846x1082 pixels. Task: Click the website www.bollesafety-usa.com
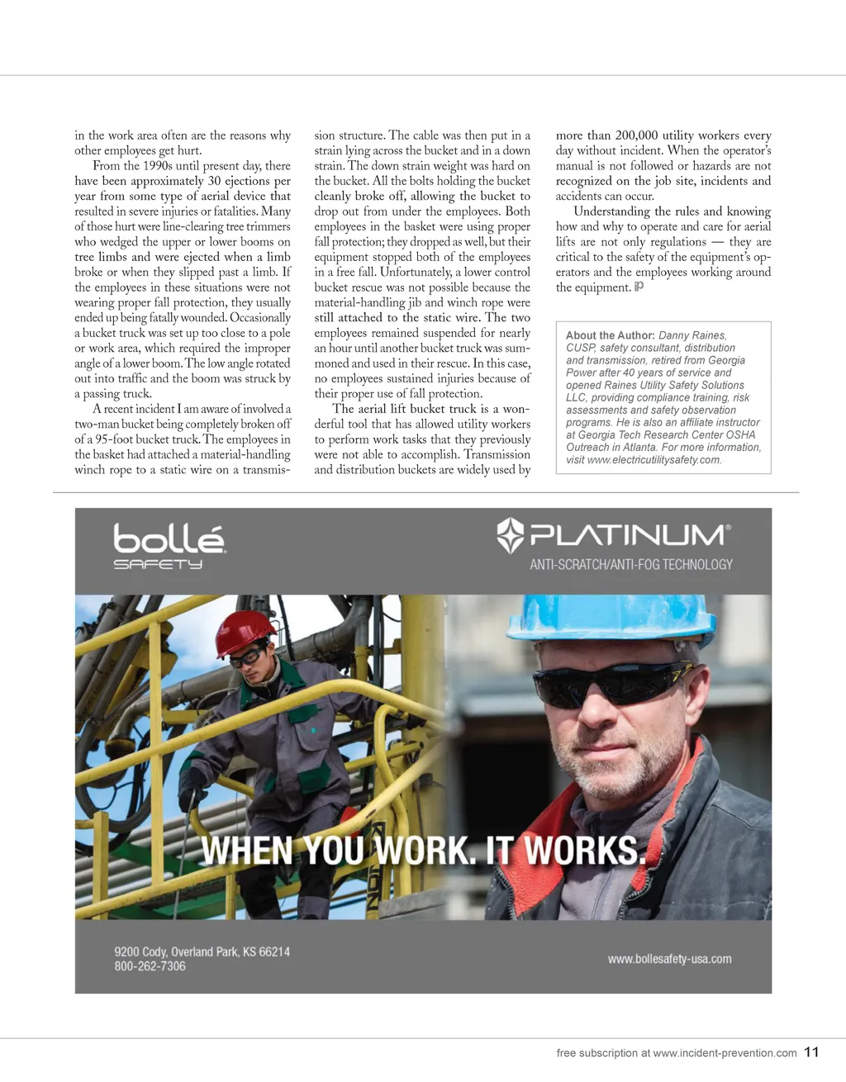[x=669, y=959]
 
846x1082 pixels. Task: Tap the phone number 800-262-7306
[x=150, y=966]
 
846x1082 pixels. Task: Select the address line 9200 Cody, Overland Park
[x=202, y=951]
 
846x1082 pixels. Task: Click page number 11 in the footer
[x=811, y=1052]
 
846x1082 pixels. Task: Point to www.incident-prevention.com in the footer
[x=725, y=1053]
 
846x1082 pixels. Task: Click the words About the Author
[x=610, y=335]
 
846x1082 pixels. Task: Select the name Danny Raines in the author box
[x=692, y=335]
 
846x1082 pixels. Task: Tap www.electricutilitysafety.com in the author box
[x=653, y=460]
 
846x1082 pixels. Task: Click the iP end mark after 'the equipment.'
[x=639, y=287]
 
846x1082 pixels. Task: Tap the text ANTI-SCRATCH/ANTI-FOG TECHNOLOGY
[x=631, y=565]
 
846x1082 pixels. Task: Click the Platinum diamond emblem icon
[x=511, y=535]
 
